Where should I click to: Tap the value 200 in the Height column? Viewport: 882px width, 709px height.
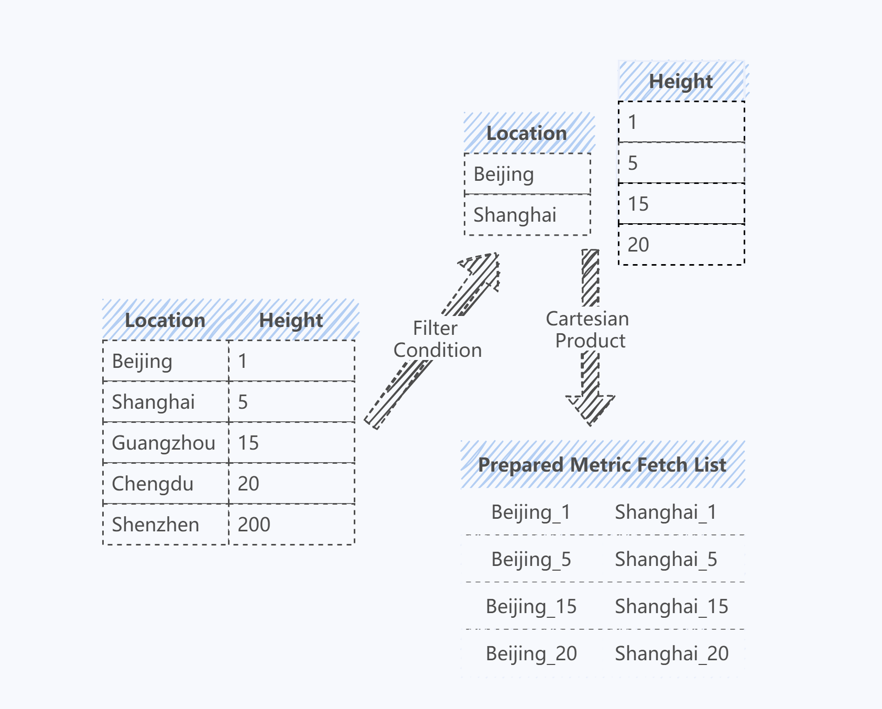point(254,525)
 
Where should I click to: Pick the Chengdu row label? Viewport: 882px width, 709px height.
point(153,484)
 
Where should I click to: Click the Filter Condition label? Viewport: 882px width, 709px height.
point(438,339)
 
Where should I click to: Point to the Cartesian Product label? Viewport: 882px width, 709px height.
point(588,330)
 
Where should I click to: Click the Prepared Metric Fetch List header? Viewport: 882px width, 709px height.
point(602,465)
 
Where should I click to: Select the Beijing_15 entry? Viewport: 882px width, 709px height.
point(531,607)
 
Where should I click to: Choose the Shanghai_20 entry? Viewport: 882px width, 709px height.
point(672,654)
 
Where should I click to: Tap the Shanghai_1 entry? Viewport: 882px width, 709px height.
point(666,512)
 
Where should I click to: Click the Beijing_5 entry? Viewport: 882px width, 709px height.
point(531,560)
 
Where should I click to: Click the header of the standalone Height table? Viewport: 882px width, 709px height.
point(681,81)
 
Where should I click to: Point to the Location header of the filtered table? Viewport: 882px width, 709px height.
point(527,133)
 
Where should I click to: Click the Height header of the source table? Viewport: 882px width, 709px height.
point(291,320)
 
